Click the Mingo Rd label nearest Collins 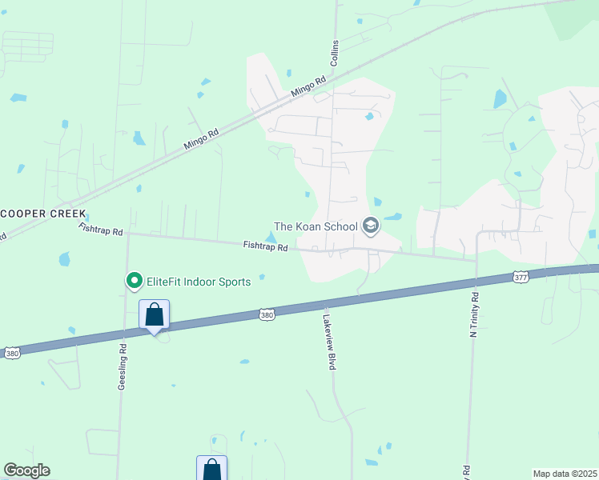click(309, 86)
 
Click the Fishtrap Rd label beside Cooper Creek click(101, 230)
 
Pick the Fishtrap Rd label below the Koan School click(265, 246)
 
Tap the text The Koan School click(316, 226)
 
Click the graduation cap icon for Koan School click(370, 226)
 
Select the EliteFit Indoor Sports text click(198, 282)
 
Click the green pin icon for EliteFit click(133, 281)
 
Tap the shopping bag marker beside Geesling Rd click(155, 315)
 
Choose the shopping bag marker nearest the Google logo click(211, 469)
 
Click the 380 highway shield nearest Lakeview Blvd click(267, 315)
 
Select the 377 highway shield click(521, 277)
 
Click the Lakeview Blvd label click(328, 341)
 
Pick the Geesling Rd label click(123, 366)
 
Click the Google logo click(26, 470)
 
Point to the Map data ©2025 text click(565, 474)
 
